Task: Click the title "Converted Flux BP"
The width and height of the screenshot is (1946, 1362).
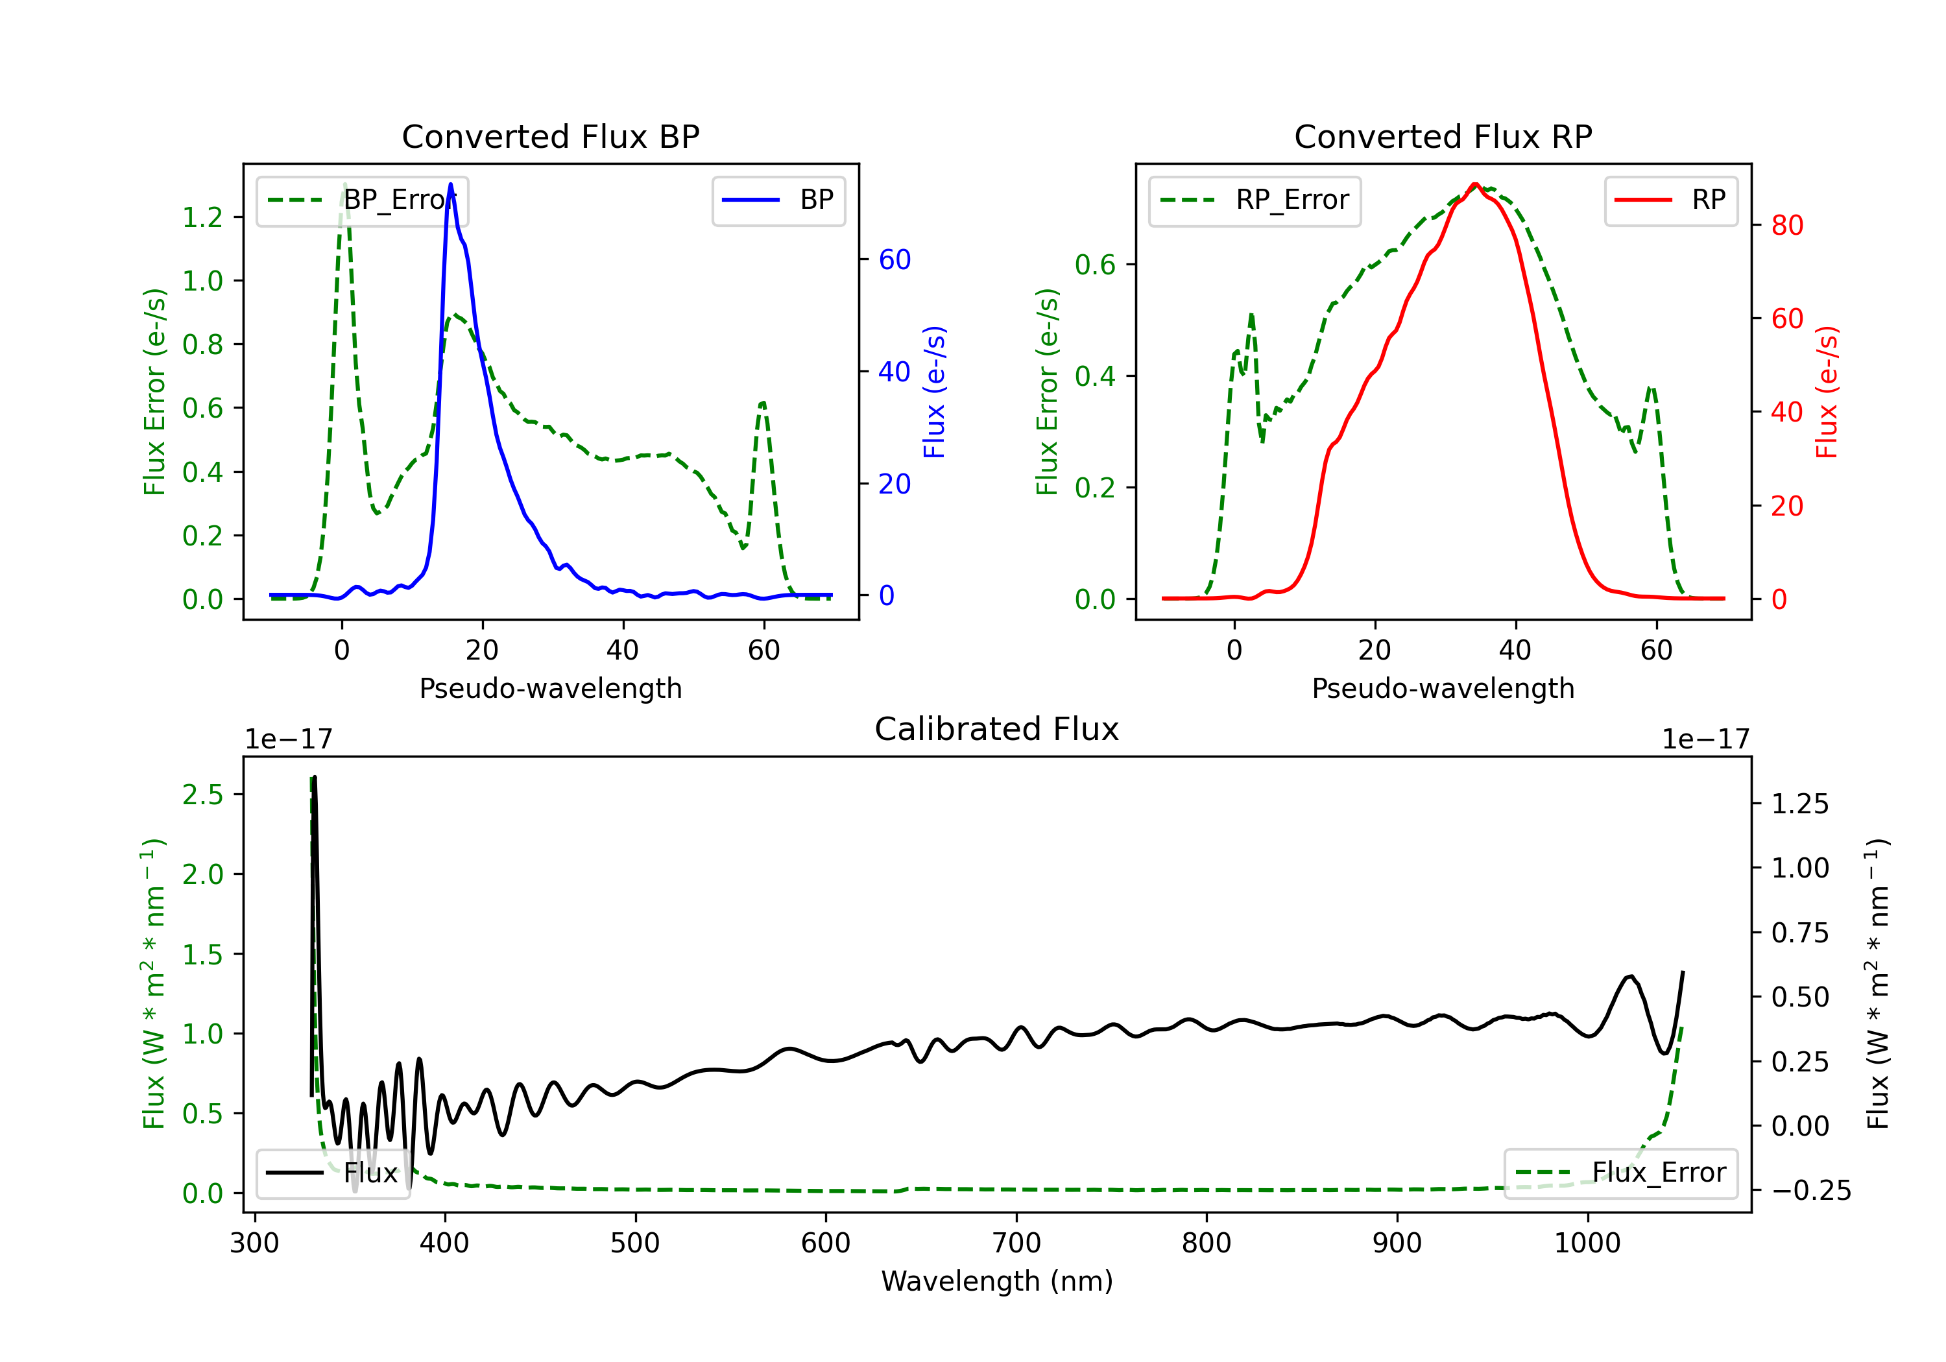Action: (550, 136)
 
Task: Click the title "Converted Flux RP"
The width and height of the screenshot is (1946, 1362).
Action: (1443, 136)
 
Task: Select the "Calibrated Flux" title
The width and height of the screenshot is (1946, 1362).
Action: (997, 729)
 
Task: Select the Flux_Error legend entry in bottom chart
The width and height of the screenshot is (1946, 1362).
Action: (1620, 1173)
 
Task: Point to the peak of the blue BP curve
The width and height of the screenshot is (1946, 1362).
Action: (450, 184)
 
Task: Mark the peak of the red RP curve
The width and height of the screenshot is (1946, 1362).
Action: (1475, 184)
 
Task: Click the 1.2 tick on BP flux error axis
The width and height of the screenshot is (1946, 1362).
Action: (204, 218)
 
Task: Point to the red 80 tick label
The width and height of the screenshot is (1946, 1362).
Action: (1788, 226)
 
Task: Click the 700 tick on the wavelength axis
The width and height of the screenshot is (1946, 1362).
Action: (1016, 1243)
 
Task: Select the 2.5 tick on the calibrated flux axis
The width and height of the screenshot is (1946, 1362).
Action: (204, 795)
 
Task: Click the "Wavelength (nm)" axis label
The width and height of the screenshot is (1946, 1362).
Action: (997, 1281)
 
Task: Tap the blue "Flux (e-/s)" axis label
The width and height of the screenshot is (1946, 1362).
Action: (934, 392)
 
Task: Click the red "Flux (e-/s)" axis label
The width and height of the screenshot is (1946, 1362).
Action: (1827, 392)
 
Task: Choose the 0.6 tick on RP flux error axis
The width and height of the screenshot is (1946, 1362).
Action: (1096, 265)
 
